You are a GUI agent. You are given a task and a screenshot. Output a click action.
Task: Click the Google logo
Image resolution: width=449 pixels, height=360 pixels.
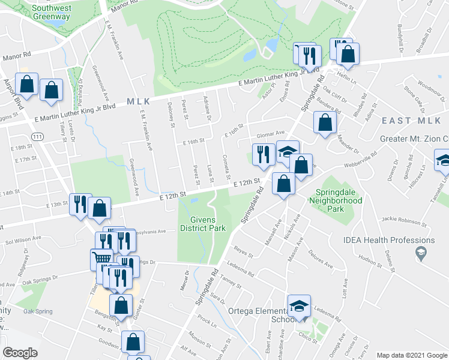tap(20, 353)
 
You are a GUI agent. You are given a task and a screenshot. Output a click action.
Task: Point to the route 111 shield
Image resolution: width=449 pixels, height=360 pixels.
tap(37, 137)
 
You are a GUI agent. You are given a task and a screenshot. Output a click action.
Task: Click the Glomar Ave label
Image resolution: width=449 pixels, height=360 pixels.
tap(270, 134)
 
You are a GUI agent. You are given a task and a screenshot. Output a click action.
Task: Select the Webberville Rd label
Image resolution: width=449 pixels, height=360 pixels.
tap(363, 160)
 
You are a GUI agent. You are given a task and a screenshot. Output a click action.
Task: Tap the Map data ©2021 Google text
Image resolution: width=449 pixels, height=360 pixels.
tap(411, 355)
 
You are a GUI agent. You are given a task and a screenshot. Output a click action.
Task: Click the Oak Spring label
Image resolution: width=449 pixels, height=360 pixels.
tap(37, 311)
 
